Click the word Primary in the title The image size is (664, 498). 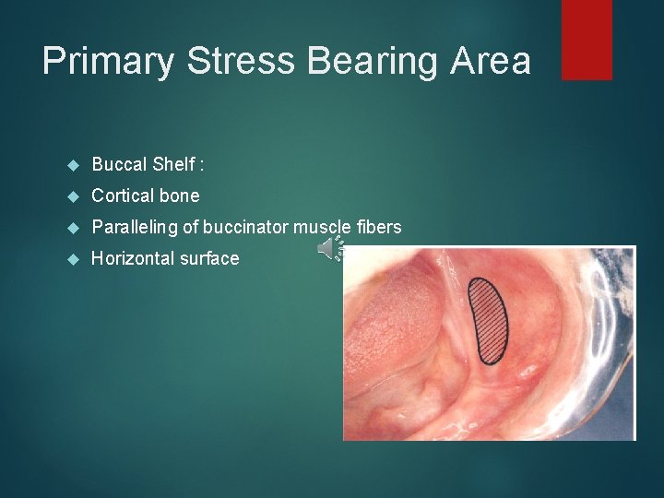click(x=109, y=62)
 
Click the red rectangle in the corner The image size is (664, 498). click(x=587, y=39)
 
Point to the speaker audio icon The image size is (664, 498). click(x=330, y=248)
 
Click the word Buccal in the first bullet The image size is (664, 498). click(x=118, y=165)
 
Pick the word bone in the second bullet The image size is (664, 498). click(x=179, y=196)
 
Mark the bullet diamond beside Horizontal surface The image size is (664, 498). click(x=75, y=259)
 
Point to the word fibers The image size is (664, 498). click(x=378, y=227)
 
